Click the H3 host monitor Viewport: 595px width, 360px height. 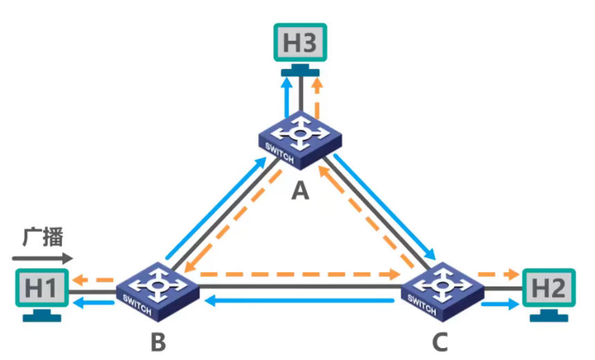pos(300,50)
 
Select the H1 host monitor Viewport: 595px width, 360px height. pos(42,295)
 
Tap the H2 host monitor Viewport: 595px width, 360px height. pos(549,295)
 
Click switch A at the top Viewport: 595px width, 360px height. pos(300,141)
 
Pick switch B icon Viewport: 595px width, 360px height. pos(157,291)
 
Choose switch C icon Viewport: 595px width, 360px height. pos(443,291)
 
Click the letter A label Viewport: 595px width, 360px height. pos(300,190)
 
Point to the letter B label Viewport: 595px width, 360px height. pos(158,342)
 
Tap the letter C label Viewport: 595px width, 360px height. pos(440,342)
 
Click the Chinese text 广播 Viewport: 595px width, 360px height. pos(43,237)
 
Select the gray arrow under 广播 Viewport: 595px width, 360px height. pos(42,258)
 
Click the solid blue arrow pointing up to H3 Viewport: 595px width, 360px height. pos(287,97)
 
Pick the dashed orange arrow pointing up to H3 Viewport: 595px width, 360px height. pos(317,97)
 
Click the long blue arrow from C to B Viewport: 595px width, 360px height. pos(299,301)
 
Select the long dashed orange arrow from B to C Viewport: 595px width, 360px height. pos(300,274)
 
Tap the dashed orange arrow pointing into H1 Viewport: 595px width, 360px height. pos(93,280)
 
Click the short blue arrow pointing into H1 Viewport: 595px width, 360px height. pos(93,303)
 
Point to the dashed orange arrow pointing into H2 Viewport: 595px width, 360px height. pos(498,274)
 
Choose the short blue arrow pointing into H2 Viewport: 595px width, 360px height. pos(500,304)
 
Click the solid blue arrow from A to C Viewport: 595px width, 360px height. pos(384,207)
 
